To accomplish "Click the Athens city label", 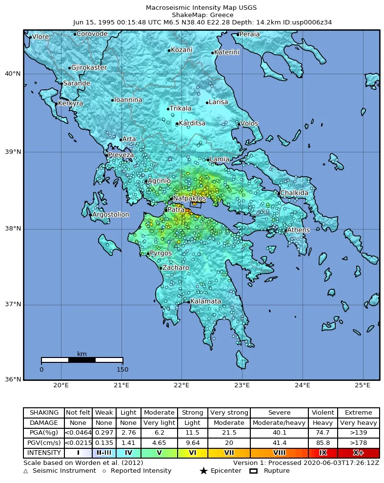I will pos(298,230).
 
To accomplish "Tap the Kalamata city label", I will pos(205,301).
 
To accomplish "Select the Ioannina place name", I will pos(128,100).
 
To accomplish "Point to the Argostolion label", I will pos(111,214).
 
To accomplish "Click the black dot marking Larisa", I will pos(207,103).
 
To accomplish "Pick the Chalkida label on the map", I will pos(294,193).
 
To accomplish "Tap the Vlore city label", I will pos(40,37).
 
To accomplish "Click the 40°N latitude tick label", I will pos(13,74).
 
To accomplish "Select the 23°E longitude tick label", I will pos(242,385).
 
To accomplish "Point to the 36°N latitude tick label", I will pos(13,379).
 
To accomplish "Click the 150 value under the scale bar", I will pos(122,369).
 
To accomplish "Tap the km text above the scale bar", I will pos(82,354).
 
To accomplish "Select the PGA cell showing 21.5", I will pos(229,433).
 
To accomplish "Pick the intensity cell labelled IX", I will pos(323,453).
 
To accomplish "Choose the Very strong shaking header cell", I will pos(229,413).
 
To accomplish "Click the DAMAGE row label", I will pos(44,423).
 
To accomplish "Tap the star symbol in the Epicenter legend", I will pos(203,471).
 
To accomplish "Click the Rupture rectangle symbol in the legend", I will pos(253,471).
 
